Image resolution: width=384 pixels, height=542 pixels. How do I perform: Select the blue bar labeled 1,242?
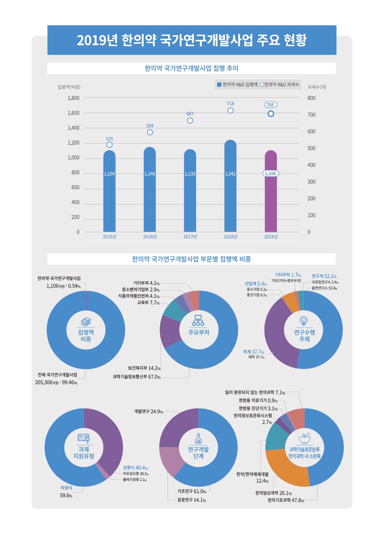pyautogui.click(x=230, y=193)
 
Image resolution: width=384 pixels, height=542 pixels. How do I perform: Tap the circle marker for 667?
pyautogui.click(x=190, y=121)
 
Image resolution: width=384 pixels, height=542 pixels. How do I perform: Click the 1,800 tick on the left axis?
pyautogui.click(x=73, y=98)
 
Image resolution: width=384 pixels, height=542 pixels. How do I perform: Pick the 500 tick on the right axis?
pyautogui.click(x=311, y=148)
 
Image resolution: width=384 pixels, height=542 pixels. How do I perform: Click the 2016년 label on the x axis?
pyautogui.click(x=150, y=237)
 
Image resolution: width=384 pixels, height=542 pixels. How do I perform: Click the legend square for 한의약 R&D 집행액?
pyautogui.click(x=219, y=85)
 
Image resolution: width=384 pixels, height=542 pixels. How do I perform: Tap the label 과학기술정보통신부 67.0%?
pyautogui.click(x=137, y=377)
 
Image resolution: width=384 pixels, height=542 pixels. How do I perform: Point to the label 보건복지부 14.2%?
pyautogui.click(x=144, y=368)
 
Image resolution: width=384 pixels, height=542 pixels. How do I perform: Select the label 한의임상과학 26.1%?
pyautogui.click(x=273, y=493)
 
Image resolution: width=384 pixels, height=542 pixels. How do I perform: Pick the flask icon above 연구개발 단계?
pyautogui.click(x=198, y=439)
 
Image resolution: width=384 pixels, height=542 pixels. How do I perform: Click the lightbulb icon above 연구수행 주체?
pyautogui.click(x=304, y=320)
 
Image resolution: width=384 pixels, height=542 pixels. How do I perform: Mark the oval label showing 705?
pyautogui.click(x=271, y=105)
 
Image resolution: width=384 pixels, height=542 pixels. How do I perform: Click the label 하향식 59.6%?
pyautogui.click(x=66, y=491)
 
